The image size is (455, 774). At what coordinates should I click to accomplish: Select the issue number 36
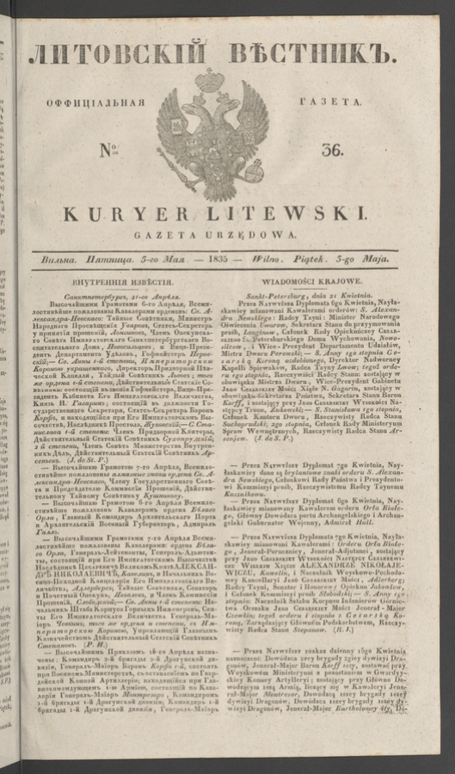333,149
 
